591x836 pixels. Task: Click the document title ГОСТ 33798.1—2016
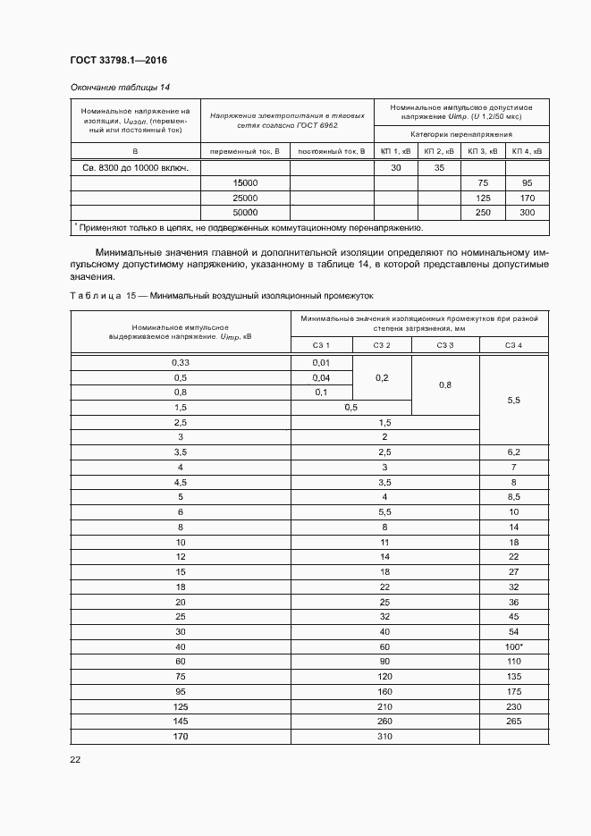(118, 61)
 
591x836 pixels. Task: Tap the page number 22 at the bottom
(74, 759)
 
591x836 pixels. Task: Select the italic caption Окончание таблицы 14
(119, 87)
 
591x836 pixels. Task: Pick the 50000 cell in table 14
(244, 212)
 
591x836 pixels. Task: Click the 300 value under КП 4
(527, 212)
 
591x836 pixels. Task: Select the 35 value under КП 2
(439, 167)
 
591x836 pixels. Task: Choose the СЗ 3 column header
(444, 345)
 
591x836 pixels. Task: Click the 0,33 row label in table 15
(180, 362)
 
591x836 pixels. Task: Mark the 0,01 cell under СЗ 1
(321, 362)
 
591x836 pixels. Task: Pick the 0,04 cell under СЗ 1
(321, 377)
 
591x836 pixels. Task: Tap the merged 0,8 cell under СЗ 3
(444, 384)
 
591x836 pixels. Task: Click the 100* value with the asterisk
(513, 646)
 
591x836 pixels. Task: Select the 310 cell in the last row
(384, 737)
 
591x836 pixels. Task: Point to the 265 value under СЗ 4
(513, 722)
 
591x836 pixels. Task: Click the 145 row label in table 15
(180, 722)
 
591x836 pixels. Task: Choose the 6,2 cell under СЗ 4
(513, 453)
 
